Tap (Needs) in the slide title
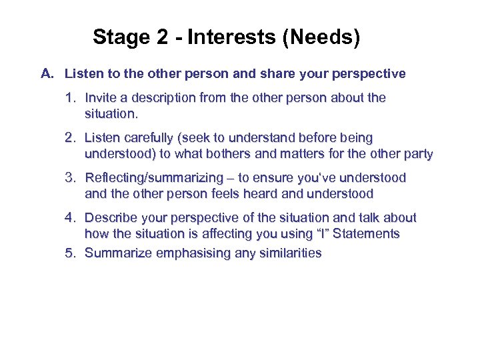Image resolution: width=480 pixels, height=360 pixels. pyautogui.click(x=321, y=37)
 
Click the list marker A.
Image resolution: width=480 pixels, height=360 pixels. pyautogui.click(x=47, y=73)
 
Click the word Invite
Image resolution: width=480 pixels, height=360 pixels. pyautogui.click(x=101, y=98)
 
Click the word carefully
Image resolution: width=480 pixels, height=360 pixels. pyautogui.click(x=151, y=138)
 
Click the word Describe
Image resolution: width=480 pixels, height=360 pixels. pyautogui.click(x=111, y=218)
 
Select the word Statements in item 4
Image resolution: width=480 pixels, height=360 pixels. pyautogui.click(x=367, y=234)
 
